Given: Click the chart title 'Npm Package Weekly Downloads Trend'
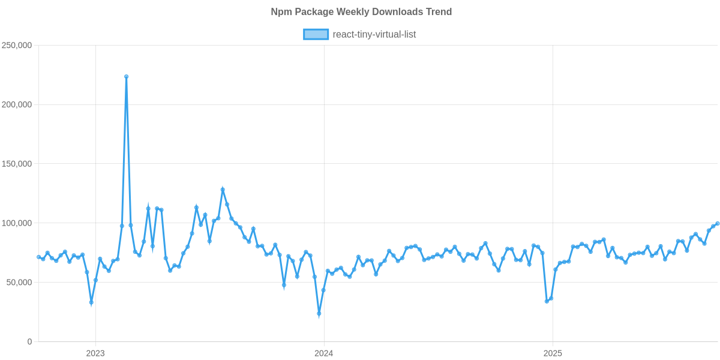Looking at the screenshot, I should [x=361, y=12].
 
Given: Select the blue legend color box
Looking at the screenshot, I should [x=316, y=34].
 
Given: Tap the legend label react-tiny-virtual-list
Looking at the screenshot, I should [x=374, y=34].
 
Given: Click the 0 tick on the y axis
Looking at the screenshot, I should [x=29, y=341].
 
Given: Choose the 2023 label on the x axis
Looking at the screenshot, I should [x=95, y=353].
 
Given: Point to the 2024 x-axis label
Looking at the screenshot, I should [x=324, y=353].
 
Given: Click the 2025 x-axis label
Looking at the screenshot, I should [x=553, y=353].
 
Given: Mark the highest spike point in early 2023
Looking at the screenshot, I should [x=126, y=77].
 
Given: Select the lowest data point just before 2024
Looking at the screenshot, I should [x=319, y=314].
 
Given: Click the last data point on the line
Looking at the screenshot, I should [x=718, y=224].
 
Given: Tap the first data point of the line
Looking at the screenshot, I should [x=38, y=257].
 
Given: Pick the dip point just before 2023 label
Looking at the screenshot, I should [x=91, y=303].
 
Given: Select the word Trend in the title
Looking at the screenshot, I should [x=439, y=12].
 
